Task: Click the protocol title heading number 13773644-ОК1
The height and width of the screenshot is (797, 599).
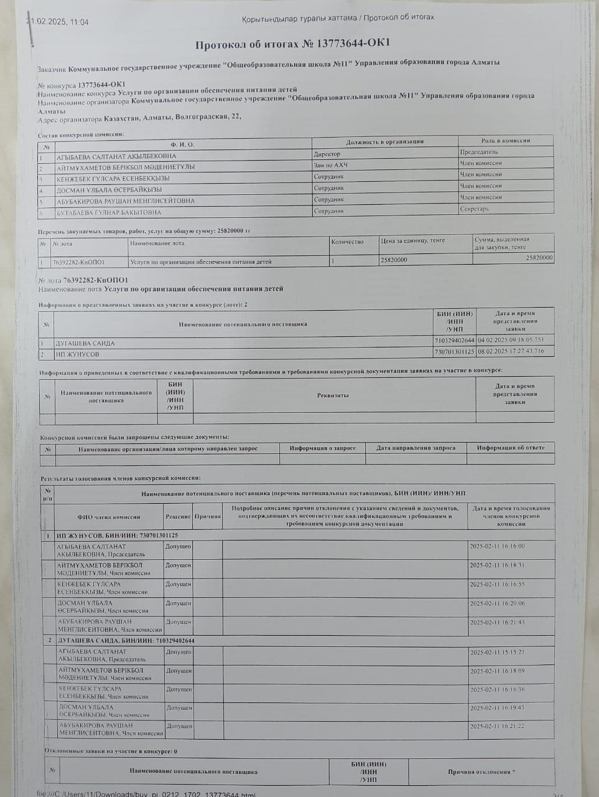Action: [x=292, y=44]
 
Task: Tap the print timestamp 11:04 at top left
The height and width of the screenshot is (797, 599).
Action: [x=80, y=22]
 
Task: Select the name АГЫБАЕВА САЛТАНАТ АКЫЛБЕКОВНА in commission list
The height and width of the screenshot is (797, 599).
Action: [x=116, y=156]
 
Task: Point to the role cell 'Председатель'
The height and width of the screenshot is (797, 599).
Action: [x=479, y=152]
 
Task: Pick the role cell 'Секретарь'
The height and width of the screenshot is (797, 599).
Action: [x=474, y=209]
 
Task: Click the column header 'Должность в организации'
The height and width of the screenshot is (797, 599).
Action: [x=384, y=142]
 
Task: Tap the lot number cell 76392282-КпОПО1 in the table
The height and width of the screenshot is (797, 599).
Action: [x=78, y=262]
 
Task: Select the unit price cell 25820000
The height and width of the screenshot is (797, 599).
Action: [x=394, y=260]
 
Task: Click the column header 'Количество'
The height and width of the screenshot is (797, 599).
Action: [x=347, y=242]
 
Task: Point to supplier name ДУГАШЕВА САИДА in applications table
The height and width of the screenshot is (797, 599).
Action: [x=85, y=343]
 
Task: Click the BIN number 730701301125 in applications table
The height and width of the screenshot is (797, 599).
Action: [x=455, y=352]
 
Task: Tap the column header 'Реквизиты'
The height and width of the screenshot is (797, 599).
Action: [x=333, y=395]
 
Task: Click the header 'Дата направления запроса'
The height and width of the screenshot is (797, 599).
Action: [x=416, y=448]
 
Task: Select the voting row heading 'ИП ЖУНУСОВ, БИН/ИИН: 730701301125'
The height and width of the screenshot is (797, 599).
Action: [x=118, y=535]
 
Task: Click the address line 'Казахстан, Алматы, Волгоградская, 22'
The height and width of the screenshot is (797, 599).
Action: [x=172, y=116]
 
